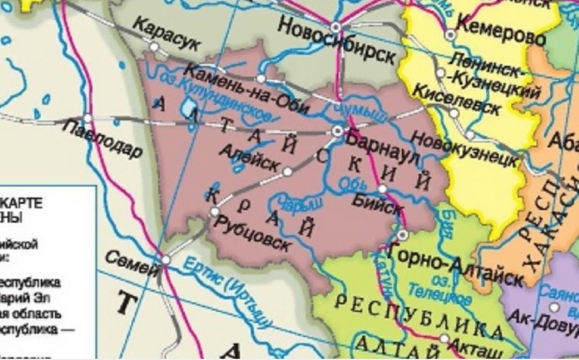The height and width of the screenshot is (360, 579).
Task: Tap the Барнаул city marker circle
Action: point(338,131)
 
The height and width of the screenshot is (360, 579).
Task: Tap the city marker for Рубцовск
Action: point(215,212)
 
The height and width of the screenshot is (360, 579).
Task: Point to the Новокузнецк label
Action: point(465,150)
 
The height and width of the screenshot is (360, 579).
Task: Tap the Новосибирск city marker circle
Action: point(336,26)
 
